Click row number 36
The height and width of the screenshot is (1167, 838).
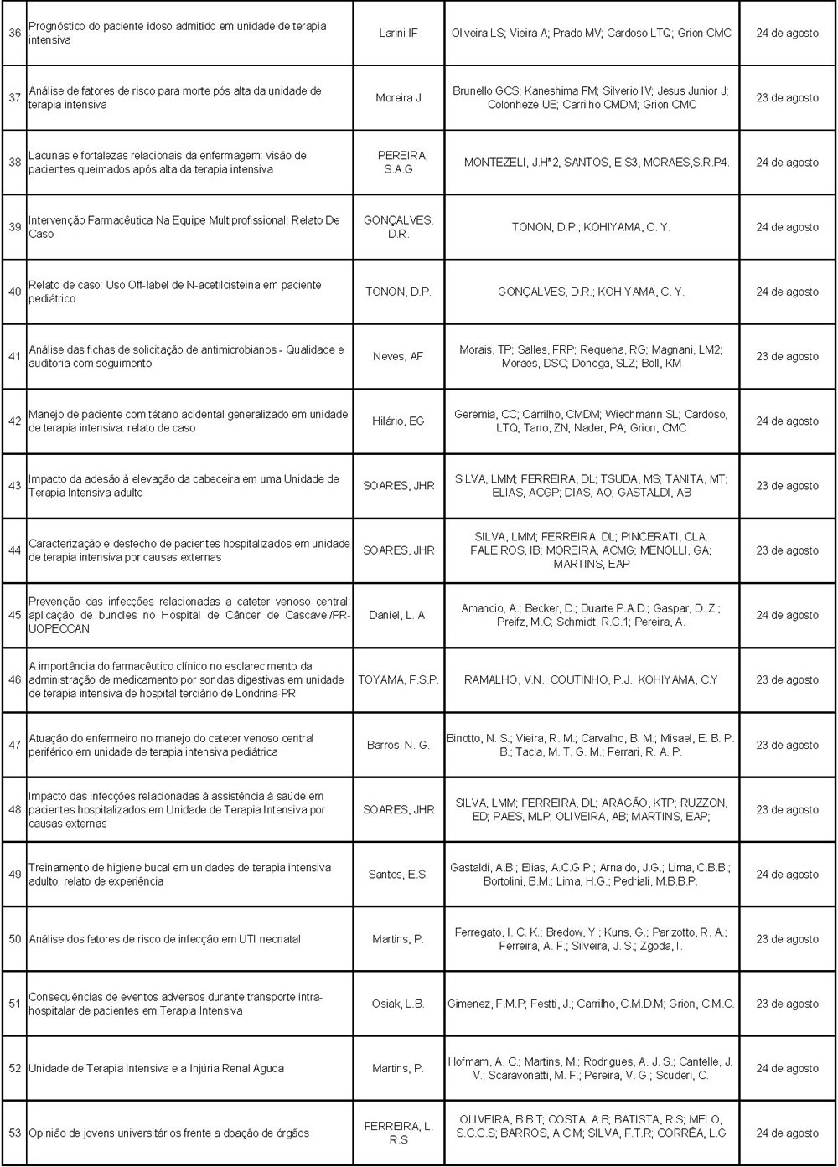pos(14,34)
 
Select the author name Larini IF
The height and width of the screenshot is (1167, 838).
pos(398,34)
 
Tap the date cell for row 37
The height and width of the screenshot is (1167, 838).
pos(787,98)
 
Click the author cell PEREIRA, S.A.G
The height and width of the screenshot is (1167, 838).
pos(398,163)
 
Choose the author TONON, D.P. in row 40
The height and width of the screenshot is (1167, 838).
pos(398,292)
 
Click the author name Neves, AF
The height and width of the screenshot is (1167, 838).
pos(398,357)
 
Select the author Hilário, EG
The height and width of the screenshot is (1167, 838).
pos(398,421)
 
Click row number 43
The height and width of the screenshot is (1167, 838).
pos(14,486)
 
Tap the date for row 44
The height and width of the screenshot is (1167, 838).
pos(787,550)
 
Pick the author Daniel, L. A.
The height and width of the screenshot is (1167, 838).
pos(398,615)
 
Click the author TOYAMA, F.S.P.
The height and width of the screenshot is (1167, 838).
pos(398,680)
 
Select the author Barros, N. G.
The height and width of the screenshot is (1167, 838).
pos(398,745)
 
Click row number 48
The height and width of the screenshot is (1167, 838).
pos(14,810)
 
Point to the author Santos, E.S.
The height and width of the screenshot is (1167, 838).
pos(398,875)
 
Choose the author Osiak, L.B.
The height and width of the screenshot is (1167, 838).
pos(398,1004)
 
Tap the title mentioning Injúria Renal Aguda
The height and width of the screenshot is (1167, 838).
pos(156,1069)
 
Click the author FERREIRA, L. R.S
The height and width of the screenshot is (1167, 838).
pos(398,1133)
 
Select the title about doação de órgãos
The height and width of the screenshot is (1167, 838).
pos(168,1133)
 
